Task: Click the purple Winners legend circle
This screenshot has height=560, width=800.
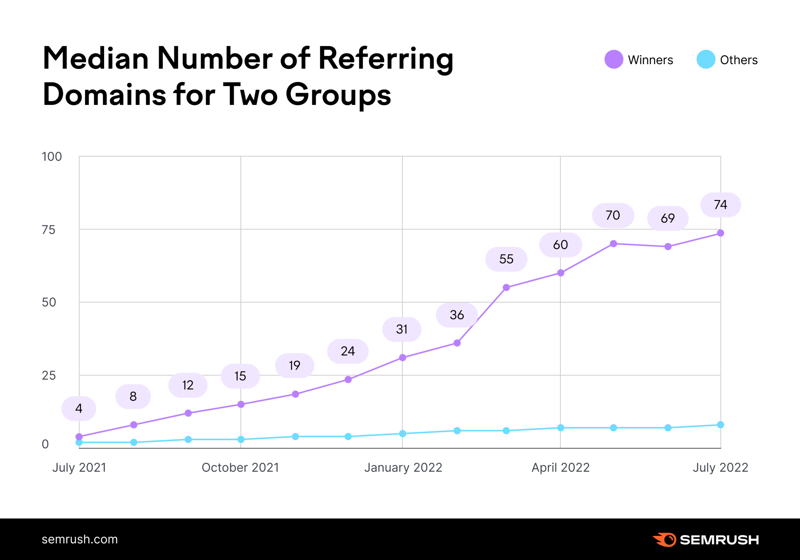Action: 613,59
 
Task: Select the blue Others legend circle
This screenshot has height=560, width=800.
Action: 705,59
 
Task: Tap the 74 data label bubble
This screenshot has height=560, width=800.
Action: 720,205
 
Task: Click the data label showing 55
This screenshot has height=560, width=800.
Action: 506,259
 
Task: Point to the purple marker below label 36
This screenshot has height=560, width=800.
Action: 457,343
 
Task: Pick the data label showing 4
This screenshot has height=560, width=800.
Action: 79,408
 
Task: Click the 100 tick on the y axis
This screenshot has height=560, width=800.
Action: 52,156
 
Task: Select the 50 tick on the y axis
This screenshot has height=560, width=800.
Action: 49,302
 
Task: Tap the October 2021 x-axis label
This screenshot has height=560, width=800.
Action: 240,467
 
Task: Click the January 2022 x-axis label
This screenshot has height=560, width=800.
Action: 403,467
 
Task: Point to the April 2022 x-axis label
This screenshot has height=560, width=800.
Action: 560,467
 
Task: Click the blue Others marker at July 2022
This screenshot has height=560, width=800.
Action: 720,425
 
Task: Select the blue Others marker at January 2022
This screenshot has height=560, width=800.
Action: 402,434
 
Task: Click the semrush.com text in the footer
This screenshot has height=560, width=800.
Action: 80,539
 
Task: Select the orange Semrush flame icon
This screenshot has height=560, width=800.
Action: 665,539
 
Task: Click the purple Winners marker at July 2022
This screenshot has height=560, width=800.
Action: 720,233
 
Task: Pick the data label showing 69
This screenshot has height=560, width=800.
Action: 668,218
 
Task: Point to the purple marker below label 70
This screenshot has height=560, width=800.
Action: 613,244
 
